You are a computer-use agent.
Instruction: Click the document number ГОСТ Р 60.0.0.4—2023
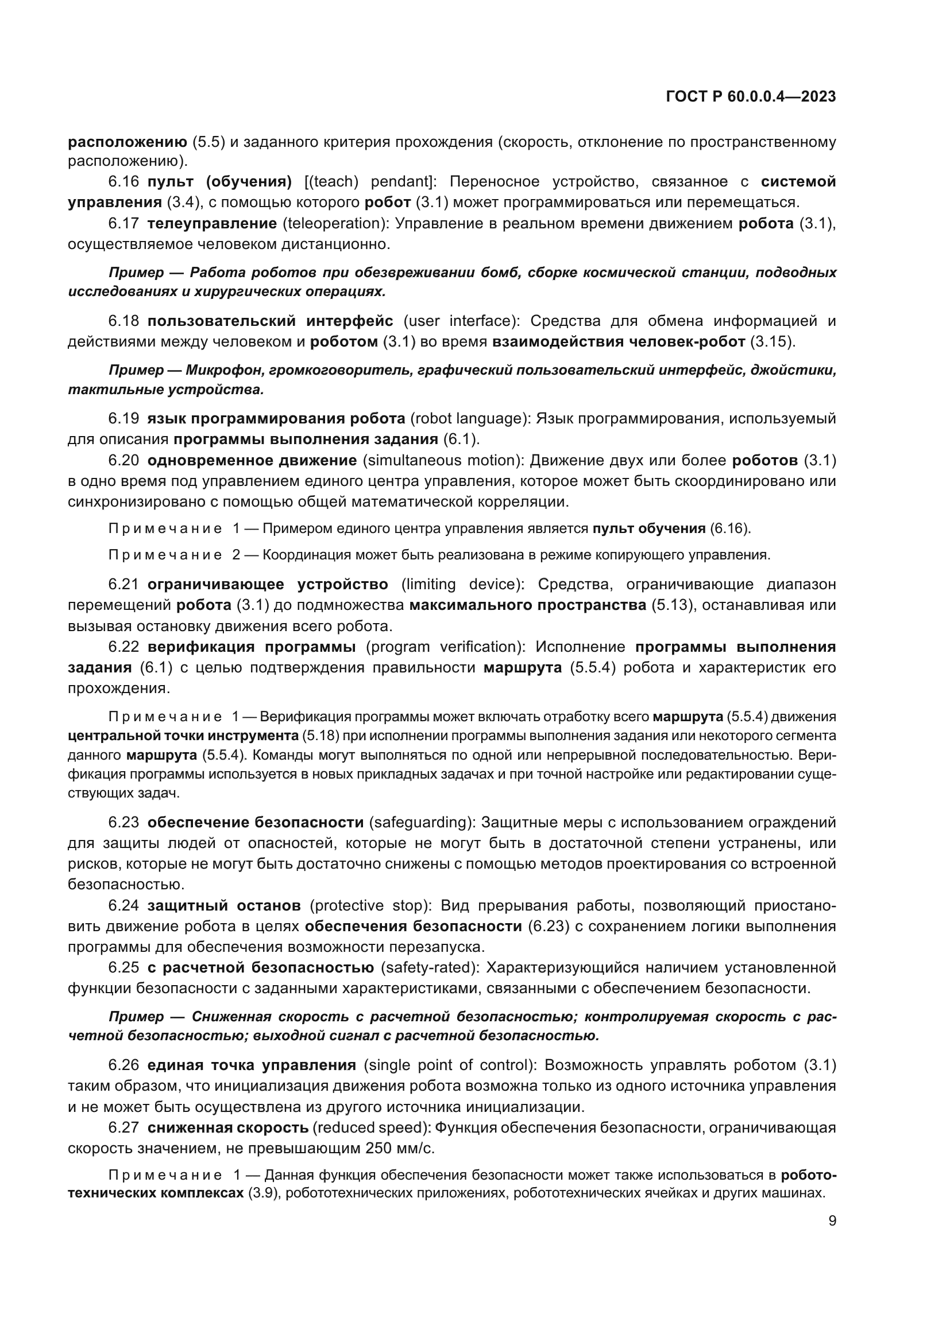click(751, 97)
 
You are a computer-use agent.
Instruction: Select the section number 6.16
click(123, 182)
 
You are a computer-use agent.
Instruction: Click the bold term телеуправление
click(212, 223)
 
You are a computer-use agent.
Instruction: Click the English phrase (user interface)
click(462, 321)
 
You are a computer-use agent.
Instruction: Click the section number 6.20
click(123, 460)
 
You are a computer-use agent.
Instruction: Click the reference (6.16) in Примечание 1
click(729, 529)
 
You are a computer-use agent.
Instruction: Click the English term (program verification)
click(443, 647)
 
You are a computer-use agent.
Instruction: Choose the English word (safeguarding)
click(421, 822)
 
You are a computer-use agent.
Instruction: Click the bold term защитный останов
click(224, 905)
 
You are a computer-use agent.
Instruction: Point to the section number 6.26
click(123, 1064)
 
